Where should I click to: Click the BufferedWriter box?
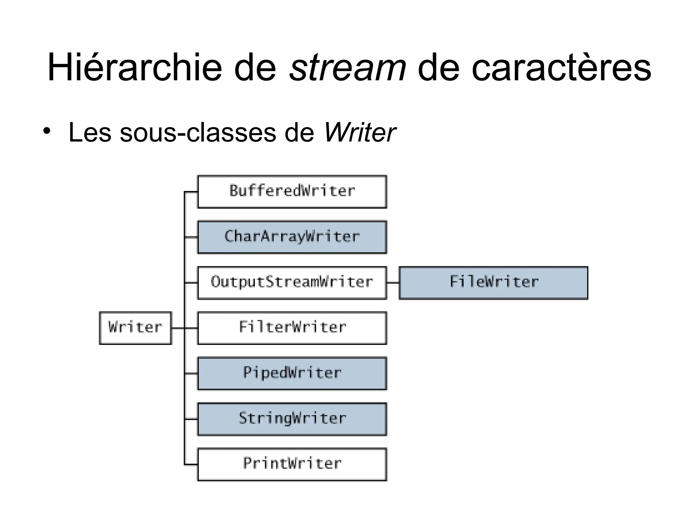(x=292, y=191)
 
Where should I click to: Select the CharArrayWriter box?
(x=292, y=237)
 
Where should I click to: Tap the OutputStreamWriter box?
(x=292, y=283)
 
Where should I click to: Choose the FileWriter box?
(x=493, y=283)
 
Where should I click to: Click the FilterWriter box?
(x=292, y=328)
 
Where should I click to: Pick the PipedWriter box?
(x=292, y=373)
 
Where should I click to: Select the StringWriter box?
(x=292, y=419)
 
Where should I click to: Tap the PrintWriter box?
(x=292, y=464)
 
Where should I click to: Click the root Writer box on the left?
(x=135, y=328)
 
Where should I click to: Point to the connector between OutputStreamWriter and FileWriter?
(x=393, y=283)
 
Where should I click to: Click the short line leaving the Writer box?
(x=177, y=328)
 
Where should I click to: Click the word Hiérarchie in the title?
(x=134, y=67)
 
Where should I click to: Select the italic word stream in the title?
(x=347, y=67)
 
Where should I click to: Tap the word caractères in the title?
(x=561, y=67)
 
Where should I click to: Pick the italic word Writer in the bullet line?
(x=359, y=133)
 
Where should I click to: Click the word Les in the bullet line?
(x=89, y=133)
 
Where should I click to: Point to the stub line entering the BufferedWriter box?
(x=191, y=192)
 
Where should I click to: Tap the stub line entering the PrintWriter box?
(x=191, y=465)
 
